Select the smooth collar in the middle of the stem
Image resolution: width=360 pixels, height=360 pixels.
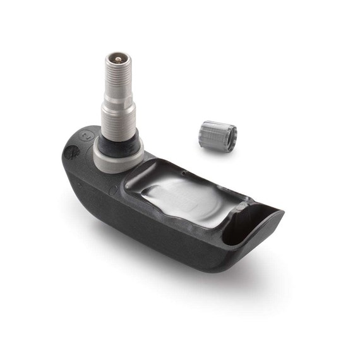pos(117,100)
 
